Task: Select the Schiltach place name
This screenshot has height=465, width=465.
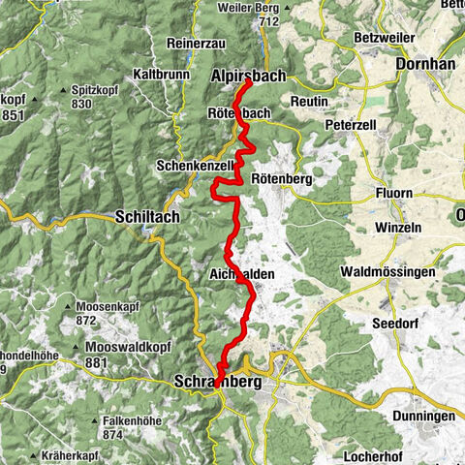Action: (x=147, y=217)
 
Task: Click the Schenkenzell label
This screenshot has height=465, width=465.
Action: (x=195, y=166)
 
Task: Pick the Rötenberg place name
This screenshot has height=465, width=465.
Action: (x=282, y=179)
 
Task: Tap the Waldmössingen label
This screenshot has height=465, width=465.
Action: (x=387, y=273)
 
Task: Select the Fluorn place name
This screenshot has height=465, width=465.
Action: (x=393, y=193)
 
